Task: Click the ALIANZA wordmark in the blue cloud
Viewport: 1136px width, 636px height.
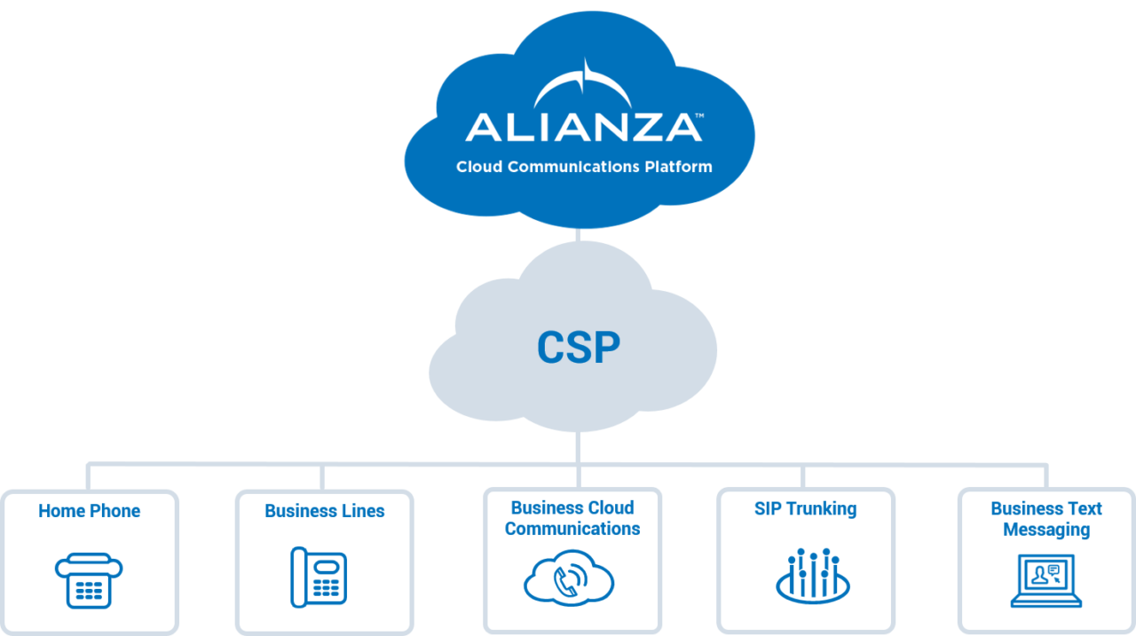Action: [x=583, y=127]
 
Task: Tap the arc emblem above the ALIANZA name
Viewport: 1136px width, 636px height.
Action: [x=583, y=86]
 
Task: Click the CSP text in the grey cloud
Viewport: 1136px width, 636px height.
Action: [x=579, y=347]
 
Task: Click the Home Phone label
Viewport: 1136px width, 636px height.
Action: [x=89, y=511]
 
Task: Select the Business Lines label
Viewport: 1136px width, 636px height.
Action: [x=324, y=511]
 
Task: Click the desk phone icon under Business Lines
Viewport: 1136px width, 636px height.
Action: [x=319, y=577]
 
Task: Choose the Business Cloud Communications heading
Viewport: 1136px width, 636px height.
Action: [x=572, y=518]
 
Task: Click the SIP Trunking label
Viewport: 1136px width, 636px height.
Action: [x=805, y=509]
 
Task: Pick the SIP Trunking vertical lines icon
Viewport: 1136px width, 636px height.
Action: [x=813, y=575]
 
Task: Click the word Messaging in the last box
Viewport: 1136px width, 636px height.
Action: [x=1046, y=530]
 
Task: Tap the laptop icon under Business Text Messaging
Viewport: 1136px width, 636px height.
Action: [x=1046, y=581]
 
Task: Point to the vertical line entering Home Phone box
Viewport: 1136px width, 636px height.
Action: [x=88, y=476]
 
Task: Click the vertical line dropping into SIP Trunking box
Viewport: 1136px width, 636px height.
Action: [x=803, y=476]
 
